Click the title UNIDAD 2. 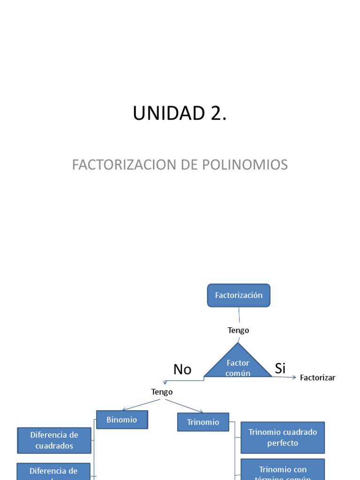click(x=180, y=113)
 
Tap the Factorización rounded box click(x=239, y=295)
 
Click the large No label click(x=182, y=369)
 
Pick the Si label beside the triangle click(x=280, y=368)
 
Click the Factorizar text click(x=317, y=378)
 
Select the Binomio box click(x=122, y=420)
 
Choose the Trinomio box click(x=203, y=422)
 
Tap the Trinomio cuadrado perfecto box click(x=283, y=437)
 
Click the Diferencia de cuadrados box click(x=54, y=440)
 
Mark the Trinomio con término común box click(x=283, y=471)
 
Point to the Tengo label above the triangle click(x=238, y=330)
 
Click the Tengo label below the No click(x=162, y=392)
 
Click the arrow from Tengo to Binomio click(x=141, y=405)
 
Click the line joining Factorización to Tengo click(x=239, y=315)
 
